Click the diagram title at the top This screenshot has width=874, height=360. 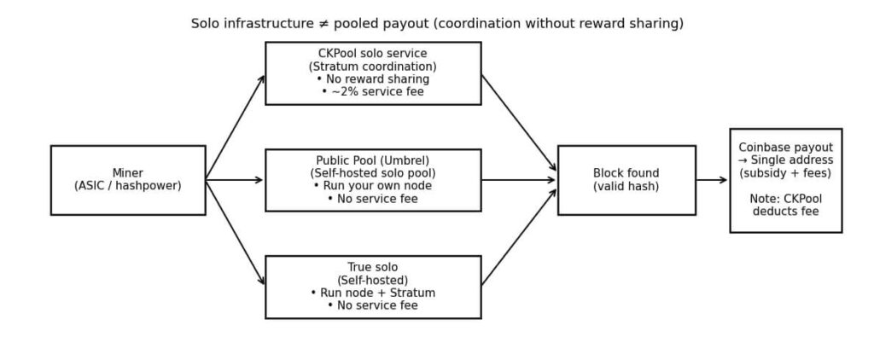437,24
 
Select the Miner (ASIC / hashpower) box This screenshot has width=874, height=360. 128,180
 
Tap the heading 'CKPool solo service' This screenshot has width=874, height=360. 372,54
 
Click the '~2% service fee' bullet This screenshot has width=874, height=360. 372,92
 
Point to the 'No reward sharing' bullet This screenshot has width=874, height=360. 372,79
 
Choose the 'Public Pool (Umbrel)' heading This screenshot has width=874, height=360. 372,160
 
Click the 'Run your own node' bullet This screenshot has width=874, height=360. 372,186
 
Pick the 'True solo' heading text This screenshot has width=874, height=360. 372,267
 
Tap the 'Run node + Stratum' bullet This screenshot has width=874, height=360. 372,293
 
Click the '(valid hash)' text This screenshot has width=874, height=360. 626,187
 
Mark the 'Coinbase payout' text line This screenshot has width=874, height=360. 785,148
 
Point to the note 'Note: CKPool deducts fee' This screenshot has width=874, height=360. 785,205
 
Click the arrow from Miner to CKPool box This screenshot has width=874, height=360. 235,128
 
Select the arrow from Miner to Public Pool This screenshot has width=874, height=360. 235,180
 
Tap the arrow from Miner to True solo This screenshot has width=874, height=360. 235,232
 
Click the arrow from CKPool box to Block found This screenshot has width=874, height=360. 519,123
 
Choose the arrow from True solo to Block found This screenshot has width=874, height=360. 519,237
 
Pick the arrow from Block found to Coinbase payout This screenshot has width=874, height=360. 712,180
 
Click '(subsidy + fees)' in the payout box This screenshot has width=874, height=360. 785,173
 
